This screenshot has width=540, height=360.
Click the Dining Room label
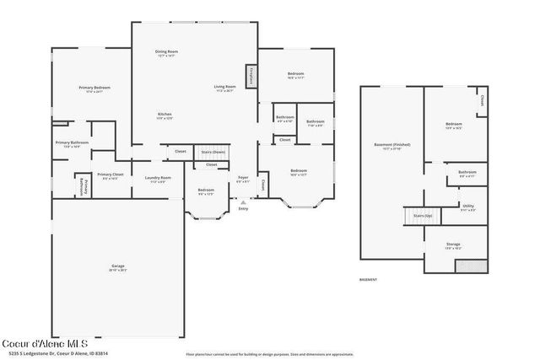[166, 53]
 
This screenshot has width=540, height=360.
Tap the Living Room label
[224, 87]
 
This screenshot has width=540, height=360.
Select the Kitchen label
[165, 115]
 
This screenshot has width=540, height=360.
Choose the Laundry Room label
[158, 178]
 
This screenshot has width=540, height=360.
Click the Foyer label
[242, 178]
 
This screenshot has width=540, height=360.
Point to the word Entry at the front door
[243, 208]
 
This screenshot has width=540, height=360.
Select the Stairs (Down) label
[213, 152]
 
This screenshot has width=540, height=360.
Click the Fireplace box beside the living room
[251, 76]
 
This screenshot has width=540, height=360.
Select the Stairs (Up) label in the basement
[423, 216]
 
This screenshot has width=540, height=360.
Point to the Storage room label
[453, 246]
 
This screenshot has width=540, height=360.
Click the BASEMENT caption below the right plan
[368, 279]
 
